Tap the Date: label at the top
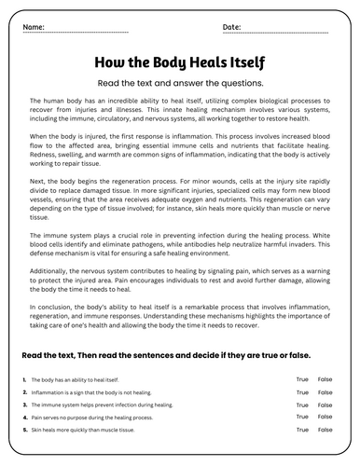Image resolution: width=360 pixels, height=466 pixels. [x=232, y=27]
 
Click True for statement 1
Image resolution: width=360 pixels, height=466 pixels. [x=302, y=379]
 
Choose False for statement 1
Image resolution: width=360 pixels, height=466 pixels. [x=325, y=379]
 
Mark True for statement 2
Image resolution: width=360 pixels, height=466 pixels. [x=302, y=392]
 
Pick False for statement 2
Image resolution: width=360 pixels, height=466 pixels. [x=325, y=392]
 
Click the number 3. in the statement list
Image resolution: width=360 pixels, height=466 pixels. [x=23, y=405]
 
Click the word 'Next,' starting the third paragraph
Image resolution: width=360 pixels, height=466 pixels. [x=35, y=185]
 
